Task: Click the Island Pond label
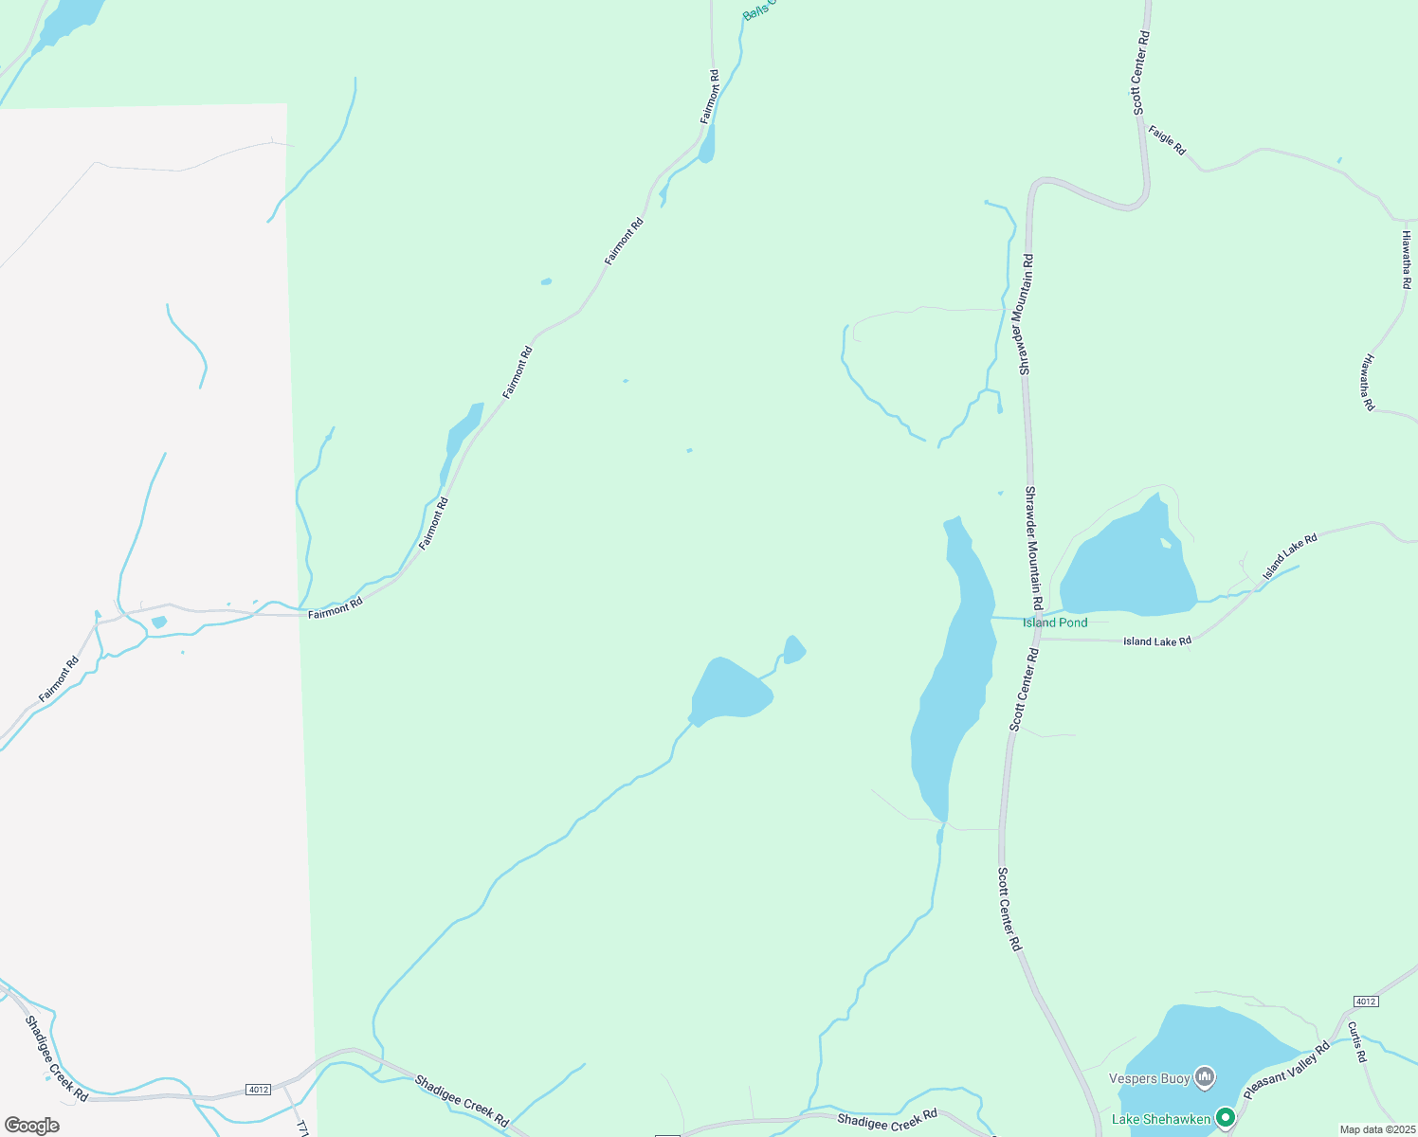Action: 1054,623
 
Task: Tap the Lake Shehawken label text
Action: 1161,1119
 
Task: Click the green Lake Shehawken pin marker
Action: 1226,1118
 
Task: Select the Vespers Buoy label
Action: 1149,1078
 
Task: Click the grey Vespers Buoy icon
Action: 1205,1076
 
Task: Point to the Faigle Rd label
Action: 1167,139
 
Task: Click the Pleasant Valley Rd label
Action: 1287,1071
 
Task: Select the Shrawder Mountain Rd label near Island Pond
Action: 1034,549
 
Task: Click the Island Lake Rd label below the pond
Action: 1157,641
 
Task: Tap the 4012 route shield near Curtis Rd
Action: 1365,1002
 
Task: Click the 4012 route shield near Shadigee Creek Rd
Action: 258,1090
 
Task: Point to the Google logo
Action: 32,1126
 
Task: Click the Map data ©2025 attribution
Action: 1376,1129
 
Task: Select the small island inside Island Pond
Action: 1165,543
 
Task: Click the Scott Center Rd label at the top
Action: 1141,73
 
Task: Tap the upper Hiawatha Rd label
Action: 1407,259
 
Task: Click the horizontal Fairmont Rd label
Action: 336,607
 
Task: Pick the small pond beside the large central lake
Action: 794,650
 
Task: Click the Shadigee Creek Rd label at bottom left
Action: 57,1058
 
